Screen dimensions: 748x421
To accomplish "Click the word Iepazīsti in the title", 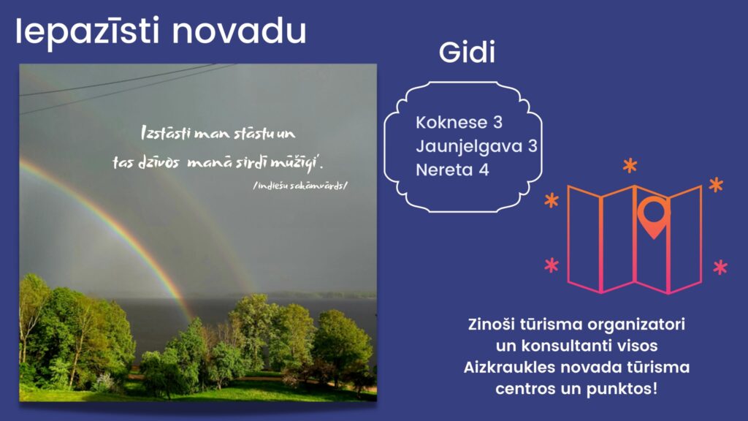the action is (88, 31).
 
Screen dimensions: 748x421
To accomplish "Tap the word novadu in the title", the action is (239, 31).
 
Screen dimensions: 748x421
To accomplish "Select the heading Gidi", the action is (467, 52).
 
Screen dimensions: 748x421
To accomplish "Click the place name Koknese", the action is (451, 122).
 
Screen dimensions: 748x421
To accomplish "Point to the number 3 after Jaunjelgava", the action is (533, 146).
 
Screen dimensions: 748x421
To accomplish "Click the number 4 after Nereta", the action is (484, 170).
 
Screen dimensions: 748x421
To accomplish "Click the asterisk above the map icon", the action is (630, 166).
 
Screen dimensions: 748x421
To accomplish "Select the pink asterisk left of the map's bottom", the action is (552, 265).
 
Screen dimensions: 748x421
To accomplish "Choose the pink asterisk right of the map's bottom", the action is (720, 268).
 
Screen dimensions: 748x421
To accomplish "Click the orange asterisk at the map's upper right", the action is (716, 185).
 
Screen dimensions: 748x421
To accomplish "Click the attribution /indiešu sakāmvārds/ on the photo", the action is (300, 186).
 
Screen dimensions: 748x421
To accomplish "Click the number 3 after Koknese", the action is (497, 122).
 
